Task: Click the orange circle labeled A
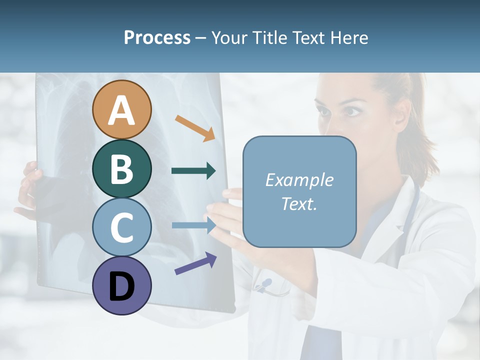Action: (x=121, y=109)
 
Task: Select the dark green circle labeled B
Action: (x=121, y=168)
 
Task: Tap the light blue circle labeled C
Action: (x=121, y=227)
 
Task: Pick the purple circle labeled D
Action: (x=121, y=285)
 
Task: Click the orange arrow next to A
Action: (x=195, y=127)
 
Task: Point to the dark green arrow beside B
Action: (x=193, y=171)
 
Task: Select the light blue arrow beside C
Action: (x=193, y=225)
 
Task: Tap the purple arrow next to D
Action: (x=195, y=263)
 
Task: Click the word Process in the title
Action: (x=157, y=37)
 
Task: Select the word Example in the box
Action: (x=299, y=180)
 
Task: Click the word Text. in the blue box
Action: (x=299, y=203)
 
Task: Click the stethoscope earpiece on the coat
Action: (x=265, y=284)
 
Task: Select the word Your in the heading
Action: (x=228, y=37)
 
